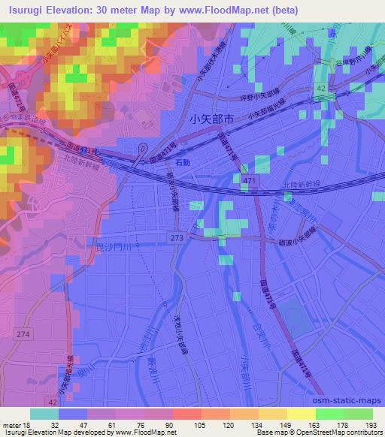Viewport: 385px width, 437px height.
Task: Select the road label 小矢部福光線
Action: pyautogui.click(x=265, y=112)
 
